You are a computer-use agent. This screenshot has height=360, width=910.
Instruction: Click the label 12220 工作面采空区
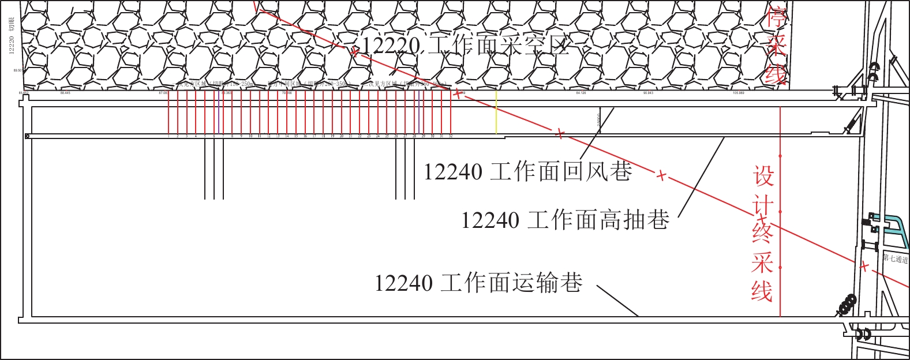(x=465, y=45)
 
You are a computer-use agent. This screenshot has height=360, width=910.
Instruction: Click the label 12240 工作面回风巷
(x=527, y=172)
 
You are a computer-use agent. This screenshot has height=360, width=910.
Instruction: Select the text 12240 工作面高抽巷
(x=565, y=220)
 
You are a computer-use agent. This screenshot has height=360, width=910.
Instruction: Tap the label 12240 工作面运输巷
(x=478, y=283)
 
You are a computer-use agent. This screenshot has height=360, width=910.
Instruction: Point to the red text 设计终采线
(x=762, y=233)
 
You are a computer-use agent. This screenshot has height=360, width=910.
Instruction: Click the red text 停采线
(x=777, y=45)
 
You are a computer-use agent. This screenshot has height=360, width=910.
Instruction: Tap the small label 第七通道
(x=895, y=258)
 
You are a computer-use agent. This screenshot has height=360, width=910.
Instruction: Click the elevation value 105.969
(x=738, y=93)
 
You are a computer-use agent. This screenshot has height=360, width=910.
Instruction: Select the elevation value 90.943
(x=647, y=93)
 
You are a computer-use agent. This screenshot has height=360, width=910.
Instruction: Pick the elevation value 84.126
(x=581, y=93)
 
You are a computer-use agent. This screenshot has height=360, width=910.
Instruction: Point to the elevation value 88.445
(x=65, y=93)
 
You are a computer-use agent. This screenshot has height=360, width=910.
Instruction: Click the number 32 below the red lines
(x=451, y=136)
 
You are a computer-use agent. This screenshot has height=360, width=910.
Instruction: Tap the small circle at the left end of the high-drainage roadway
(x=27, y=136)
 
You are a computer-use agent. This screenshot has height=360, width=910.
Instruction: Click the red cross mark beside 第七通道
(x=864, y=267)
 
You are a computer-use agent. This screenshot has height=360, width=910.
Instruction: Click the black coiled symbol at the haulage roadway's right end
(x=847, y=305)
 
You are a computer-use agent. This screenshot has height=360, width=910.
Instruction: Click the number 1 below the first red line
(x=168, y=136)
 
